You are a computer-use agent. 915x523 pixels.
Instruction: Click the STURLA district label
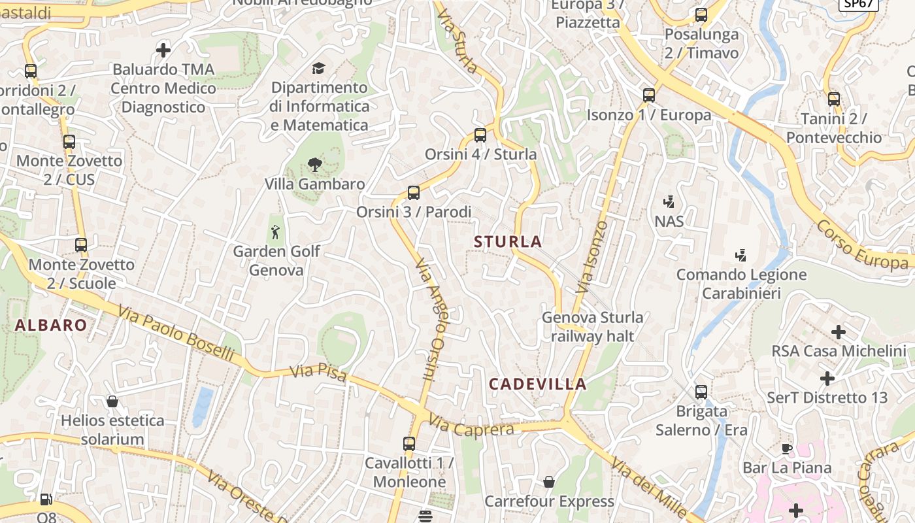(x=508, y=242)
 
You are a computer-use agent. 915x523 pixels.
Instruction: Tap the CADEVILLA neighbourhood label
(x=538, y=384)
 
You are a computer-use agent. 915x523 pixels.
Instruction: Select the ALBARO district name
(x=51, y=326)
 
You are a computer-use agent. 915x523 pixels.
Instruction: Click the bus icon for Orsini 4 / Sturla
(x=480, y=135)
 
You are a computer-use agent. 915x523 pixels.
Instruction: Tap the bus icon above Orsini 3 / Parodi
(x=413, y=193)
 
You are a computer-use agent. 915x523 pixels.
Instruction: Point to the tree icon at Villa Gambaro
(x=315, y=165)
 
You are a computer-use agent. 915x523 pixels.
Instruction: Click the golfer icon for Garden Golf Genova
(x=276, y=231)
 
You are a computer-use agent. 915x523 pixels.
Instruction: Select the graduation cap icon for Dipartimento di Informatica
(x=318, y=68)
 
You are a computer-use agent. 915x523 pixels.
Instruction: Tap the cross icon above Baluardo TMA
(x=163, y=50)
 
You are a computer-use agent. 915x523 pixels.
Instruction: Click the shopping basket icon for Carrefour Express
(x=549, y=482)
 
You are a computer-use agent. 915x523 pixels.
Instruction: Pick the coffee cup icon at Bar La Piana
(x=787, y=448)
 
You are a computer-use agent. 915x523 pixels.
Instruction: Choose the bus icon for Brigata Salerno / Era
(x=701, y=392)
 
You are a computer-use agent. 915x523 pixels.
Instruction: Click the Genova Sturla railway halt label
(x=592, y=327)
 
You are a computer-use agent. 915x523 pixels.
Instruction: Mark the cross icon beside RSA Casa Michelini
(x=839, y=332)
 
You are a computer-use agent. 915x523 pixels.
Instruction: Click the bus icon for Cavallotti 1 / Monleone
(x=409, y=444)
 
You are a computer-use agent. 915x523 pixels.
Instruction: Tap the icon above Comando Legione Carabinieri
(x=740, y=255)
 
